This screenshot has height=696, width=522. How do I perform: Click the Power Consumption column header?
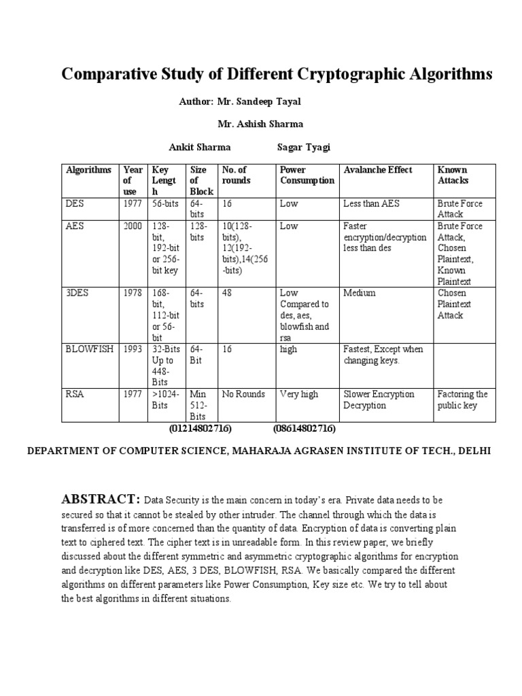(x=307, y=175)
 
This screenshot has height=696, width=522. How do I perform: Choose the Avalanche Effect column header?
(x=378, y=170)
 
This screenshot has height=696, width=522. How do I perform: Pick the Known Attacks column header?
(x=453, y=175)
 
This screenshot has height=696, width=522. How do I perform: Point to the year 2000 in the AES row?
(x=133, y=226)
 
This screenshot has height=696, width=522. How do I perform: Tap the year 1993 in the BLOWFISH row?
(x=133, y=349)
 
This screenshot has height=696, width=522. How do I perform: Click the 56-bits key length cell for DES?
(x=165, y=203)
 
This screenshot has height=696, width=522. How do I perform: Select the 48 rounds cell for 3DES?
(x=227, y=293)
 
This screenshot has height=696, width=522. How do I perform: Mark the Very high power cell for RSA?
(x=299, y=394)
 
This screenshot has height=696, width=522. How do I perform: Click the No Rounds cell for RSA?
(x=243, y=394)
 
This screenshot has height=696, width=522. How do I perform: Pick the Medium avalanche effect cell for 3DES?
(x=360, y=293)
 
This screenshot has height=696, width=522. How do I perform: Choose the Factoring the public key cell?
(x=462, y=400)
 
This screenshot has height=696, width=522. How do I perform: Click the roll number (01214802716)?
(x=201, y=429)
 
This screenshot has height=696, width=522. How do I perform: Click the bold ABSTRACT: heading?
(x=101, y=500)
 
